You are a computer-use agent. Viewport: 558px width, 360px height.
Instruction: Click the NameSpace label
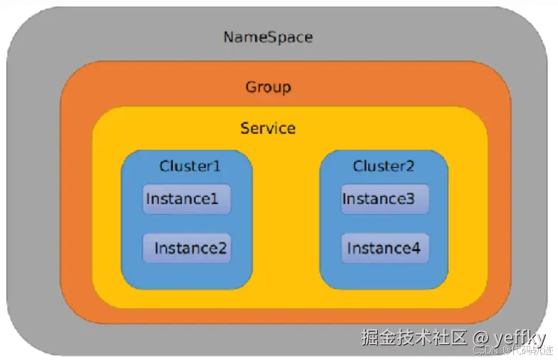pos(268,37)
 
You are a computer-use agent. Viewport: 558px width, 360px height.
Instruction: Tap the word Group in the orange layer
pos(268,88)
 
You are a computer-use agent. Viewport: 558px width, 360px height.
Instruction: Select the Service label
pos(268,128)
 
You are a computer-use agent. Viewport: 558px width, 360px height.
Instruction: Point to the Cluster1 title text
pos(190,166)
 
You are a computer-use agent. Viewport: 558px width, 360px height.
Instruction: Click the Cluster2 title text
pos(383,166)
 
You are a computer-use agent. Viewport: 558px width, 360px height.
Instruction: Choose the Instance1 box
pos(187,199)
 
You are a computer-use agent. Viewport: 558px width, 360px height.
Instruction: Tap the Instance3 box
pos(385,199)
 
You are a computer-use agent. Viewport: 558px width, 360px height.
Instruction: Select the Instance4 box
pos(385,248)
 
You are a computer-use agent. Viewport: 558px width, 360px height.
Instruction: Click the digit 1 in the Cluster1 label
pos(216,166)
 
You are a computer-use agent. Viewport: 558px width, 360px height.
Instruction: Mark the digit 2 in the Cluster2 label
pos(410,166)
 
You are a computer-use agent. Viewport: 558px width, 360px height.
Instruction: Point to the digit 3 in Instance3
pos(410,199)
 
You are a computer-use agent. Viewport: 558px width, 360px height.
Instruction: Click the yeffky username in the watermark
pos(519,337)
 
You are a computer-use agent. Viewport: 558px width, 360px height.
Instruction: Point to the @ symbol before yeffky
pos(480,337)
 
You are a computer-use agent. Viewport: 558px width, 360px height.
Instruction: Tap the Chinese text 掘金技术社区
pos(413,337)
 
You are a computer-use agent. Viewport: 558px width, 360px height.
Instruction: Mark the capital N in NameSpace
pos(229,37)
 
